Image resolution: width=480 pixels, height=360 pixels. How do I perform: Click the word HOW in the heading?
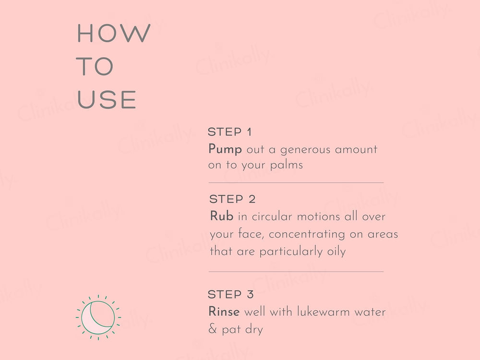point(114,33)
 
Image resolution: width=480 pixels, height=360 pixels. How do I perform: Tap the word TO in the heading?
point(95,66)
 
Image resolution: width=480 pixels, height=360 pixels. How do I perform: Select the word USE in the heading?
point(107,99)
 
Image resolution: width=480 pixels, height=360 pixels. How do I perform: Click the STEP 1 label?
point(229,132)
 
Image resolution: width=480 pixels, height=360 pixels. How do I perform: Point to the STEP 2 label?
point(232,199)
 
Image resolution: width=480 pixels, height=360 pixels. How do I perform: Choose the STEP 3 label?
point(231,294)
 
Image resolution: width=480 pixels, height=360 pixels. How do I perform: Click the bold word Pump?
point(225,150)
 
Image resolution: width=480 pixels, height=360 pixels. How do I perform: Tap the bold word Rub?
point(222,216)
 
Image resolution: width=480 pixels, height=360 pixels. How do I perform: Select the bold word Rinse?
point(224,312)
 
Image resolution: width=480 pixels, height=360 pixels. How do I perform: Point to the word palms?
point(287,165)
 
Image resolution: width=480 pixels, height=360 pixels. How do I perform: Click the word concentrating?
point(307,235)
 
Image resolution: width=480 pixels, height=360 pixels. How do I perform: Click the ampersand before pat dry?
point(213,329)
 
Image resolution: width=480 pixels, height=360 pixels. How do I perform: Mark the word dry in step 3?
point(254,330)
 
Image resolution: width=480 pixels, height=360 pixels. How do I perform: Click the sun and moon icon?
point(98,317)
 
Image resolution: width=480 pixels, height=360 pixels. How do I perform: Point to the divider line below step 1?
point(296,183)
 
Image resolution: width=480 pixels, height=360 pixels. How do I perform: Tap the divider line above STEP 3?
point(296,272)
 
